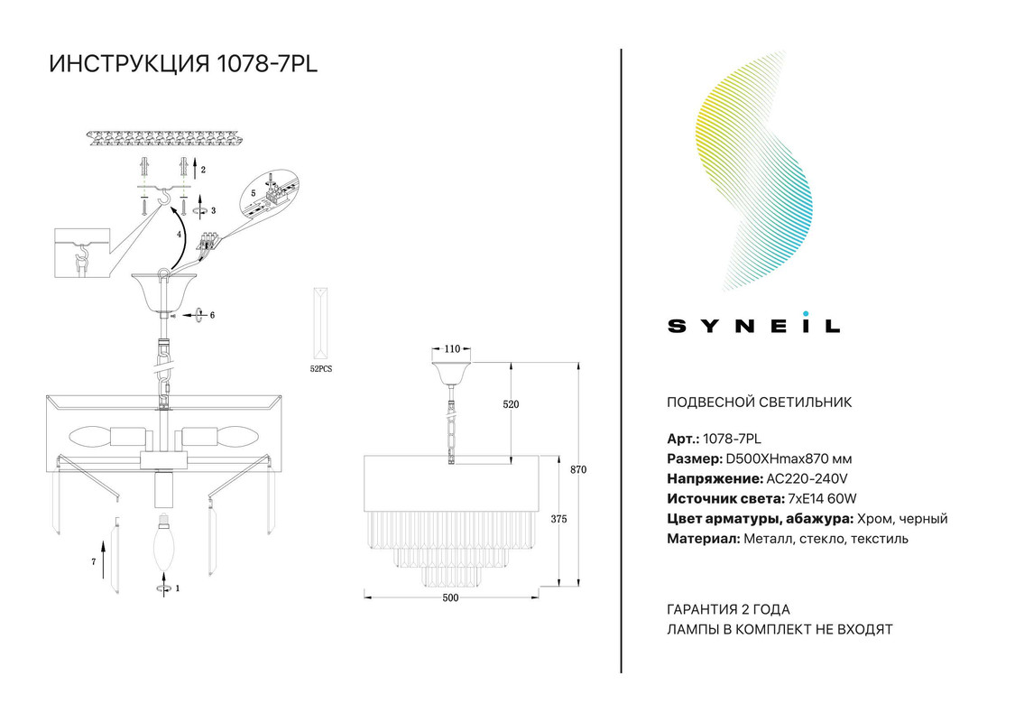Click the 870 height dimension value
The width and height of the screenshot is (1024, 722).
click(x=578, y=470)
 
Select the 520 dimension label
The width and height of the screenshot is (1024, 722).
click(x=511, y=404)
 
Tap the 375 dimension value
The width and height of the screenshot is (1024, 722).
click(x=558, y=520)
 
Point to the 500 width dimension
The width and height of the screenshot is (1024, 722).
click(x=450, y=597)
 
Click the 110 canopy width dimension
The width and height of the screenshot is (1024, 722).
click(x=452, y=349)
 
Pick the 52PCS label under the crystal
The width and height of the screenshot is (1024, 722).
click(x=320, y=369)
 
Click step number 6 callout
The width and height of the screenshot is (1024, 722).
click(x=212, y=315)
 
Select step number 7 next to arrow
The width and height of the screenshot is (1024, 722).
click(x=94, y=562)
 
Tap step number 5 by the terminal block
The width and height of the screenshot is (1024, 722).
click(x=254, y=193)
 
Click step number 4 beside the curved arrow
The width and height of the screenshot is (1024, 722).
click(x=179, y=234)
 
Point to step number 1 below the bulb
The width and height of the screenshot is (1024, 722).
click(x=178, y=588)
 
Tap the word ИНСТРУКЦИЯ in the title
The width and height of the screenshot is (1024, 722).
click(x=129, y=64)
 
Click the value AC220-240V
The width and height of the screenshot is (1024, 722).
click(x=807, y=478)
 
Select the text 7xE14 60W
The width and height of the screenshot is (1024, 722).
click(x=822, y=498)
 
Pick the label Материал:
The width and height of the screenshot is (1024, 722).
click(x=704, y=539)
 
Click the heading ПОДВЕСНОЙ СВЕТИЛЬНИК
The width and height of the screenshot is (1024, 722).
click(x=759, y=403)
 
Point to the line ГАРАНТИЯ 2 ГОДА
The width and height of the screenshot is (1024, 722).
click(x=728, y=609)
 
